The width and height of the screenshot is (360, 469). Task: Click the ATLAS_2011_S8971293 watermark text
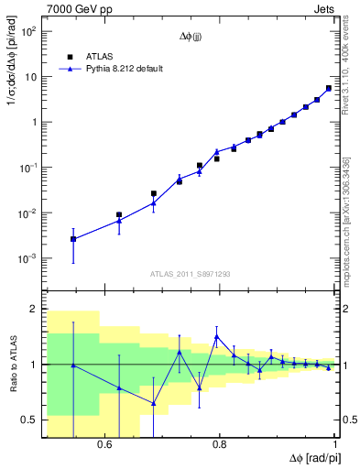click(191, 273)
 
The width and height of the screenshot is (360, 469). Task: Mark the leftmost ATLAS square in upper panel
click(73, 239)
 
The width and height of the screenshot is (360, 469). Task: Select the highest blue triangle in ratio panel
click(216, 336)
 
